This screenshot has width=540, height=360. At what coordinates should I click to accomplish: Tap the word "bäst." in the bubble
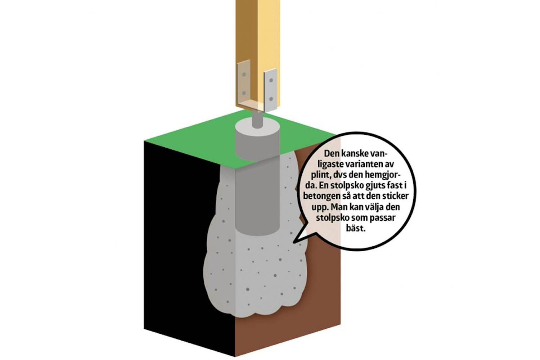click(356, 228)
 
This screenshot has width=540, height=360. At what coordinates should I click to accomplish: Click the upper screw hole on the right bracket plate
click(271, 80)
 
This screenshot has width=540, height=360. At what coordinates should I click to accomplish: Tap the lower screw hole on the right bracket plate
click(271, 99)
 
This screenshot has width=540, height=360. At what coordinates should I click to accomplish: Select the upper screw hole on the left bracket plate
click(244, 74)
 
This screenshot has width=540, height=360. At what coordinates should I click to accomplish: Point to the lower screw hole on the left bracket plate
click(244, 93)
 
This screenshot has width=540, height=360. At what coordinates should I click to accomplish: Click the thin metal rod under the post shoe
click(257, 119)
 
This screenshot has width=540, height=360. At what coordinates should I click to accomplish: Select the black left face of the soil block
click(183, 241)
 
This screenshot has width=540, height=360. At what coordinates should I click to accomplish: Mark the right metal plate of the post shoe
click(270, 90)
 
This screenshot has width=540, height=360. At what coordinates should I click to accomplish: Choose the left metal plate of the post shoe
click(244, 83)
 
